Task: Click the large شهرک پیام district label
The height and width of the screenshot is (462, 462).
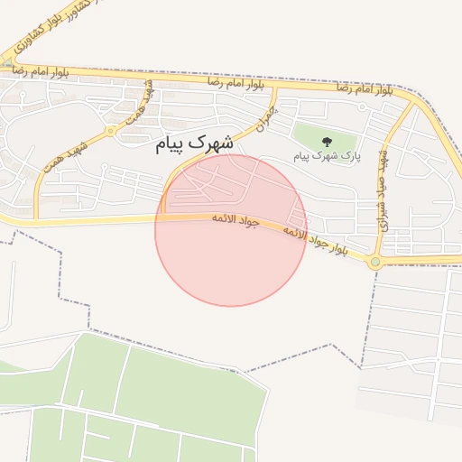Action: tap(195, 143)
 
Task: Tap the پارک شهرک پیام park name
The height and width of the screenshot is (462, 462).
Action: tap(327, 156)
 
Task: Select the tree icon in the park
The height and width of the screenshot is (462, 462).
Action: tap(327, 141)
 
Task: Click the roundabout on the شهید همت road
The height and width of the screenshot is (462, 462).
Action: tap(111, 130)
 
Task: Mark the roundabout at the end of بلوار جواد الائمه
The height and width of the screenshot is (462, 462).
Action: tap(375, 262)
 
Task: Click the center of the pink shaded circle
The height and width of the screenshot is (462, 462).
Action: tap(231, 230)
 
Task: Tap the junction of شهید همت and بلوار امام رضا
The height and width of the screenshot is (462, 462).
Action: tap(144, 78)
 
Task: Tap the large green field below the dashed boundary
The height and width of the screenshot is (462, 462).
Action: tap(144, 397)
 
